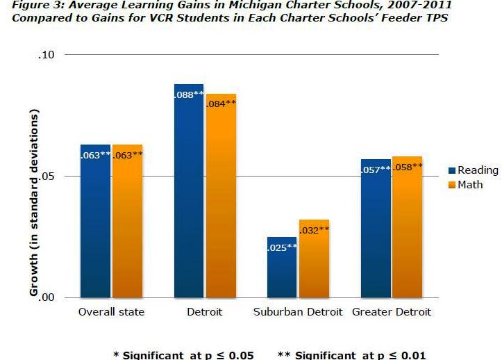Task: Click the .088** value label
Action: tap(189, 95)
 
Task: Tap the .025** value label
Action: tap(282, 247)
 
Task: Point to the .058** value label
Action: tap(408, 167)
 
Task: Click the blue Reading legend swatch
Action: tap(452, 171)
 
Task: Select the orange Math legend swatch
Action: tap(452, 185)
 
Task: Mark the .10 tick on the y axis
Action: tap(53, 54)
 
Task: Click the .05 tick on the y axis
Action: tap(53, 177)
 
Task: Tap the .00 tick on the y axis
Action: tap(53, 298)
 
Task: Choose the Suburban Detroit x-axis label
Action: tap(297, 312)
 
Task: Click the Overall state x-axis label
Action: tap(111, 312)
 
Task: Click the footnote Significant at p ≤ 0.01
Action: tap(352, 355)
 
